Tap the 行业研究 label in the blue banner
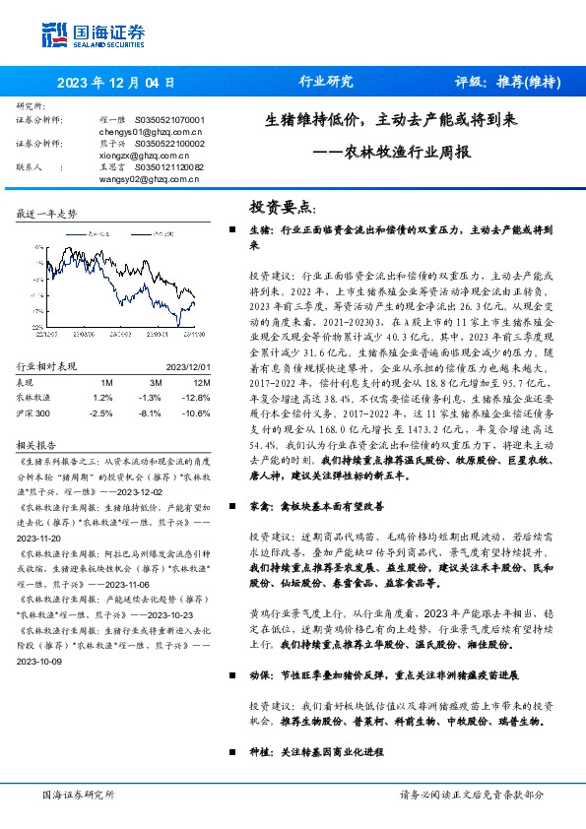coord(324,82)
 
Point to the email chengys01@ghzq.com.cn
coord(152,130)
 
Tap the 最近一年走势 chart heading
coord(47,214)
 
